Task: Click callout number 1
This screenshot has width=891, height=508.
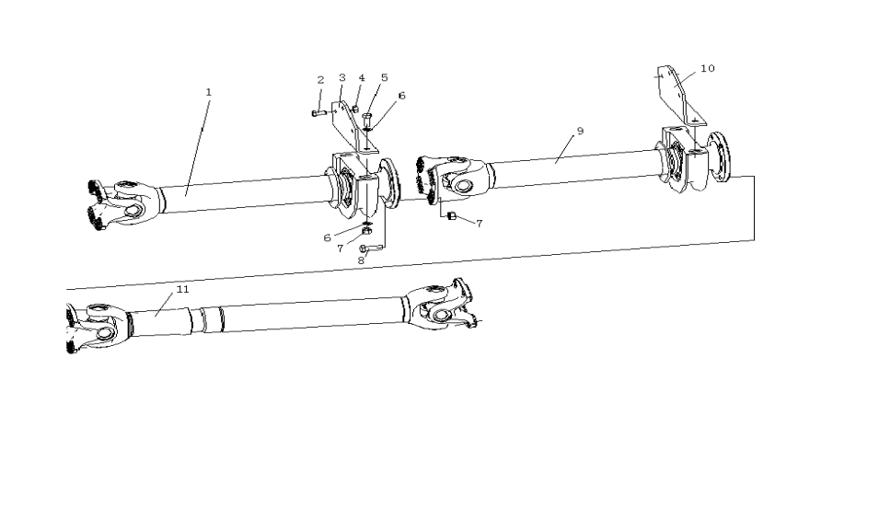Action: pyautogui.click(x=209, y=92)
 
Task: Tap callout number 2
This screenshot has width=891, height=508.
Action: pyautogui.click(x=320, y=80)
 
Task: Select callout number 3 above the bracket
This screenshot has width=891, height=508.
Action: pyautogui.click(x=342, y=77)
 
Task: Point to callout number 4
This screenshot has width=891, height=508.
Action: pyautogui.click(x=362, y=78)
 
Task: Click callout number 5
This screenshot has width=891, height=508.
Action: pyautogui.click(x=384, y=77)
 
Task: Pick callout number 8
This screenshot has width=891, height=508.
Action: pyautogui.click(x=361, y=260)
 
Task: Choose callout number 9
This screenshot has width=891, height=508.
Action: pyautogui.click(x=580, y=131)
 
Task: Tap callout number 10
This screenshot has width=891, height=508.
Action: pyautogui.click(x=708, y=68)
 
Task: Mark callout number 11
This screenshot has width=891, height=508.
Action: pyautogui.click(x=182, y=289)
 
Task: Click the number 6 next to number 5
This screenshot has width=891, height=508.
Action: pyautogui.click(x=401, y=96)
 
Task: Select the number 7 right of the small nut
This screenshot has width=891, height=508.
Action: pyautogui.click(x=479, y=224)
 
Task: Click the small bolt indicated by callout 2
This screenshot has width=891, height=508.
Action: pyautogui.click(x=318, y=113)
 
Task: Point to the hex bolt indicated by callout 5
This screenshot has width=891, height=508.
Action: pyautogui.click(x=366, y=120)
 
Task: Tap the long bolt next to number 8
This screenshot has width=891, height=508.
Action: pyautogui.click(x=372, y=248)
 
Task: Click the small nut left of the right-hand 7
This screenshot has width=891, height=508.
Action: pyautogui.click(x=452, y=216)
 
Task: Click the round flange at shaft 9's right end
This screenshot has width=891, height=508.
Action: pyautogui.click(x=719, y=156)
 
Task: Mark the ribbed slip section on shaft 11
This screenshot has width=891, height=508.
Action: pyautogui.click(x=206, y=320)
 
